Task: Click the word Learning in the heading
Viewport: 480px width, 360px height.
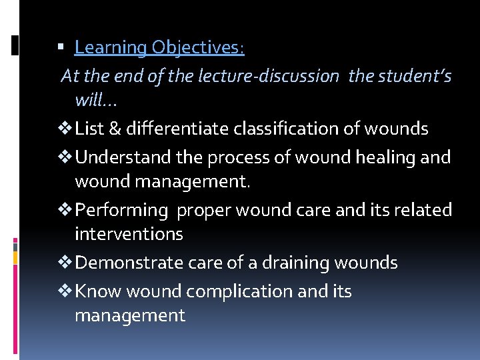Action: coord(111,48)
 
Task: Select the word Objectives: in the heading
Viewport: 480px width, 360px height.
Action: coord(198,48)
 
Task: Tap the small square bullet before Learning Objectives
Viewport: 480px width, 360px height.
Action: coord(61,48)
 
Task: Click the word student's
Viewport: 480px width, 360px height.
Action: coord(415,77)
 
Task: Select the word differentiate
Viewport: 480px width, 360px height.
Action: coord(178,129)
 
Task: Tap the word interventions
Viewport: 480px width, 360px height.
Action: coord(129,234)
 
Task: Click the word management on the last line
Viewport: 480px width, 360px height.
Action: coord(130,315)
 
